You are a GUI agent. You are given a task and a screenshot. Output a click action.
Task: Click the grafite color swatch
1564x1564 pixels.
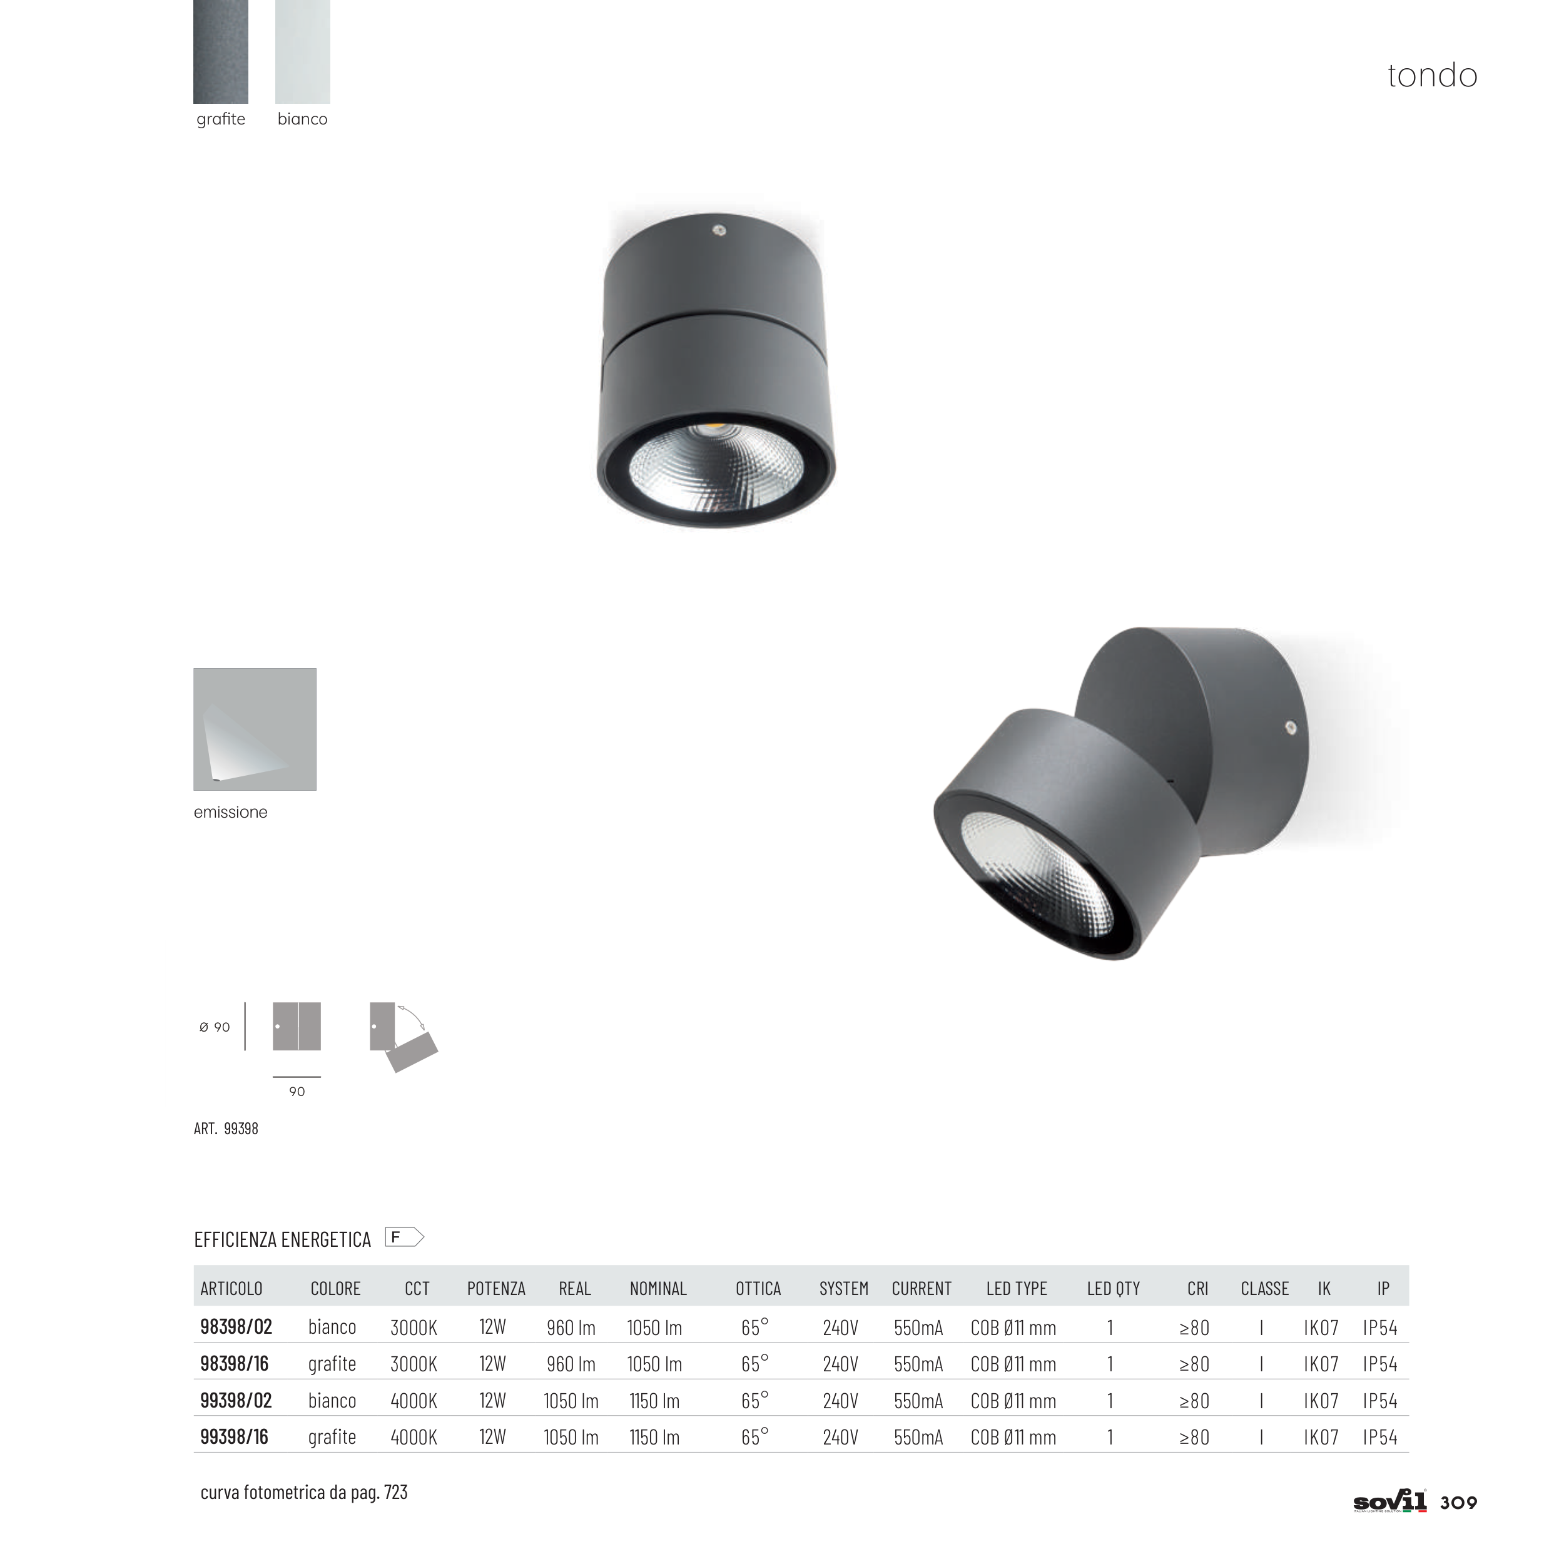pos(221,51)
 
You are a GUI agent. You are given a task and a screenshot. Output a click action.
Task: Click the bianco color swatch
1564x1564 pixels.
pos(303,51)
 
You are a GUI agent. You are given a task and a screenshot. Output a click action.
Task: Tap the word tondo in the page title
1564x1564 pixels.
pos(1432,75)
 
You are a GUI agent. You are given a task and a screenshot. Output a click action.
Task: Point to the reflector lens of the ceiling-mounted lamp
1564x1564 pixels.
pos(716,468)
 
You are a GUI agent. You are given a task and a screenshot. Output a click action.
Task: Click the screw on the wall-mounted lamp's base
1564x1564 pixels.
pos(1291,728)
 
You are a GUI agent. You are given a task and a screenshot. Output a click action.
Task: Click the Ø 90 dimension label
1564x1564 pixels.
pos(215,1027)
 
